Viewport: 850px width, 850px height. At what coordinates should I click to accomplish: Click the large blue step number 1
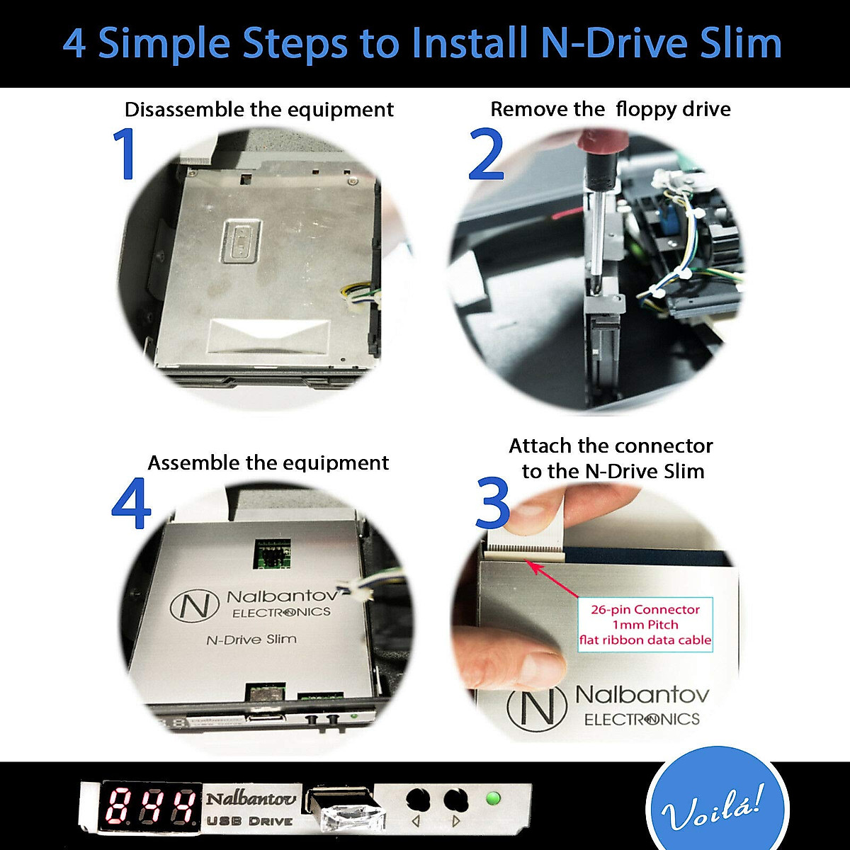tap(125, 154)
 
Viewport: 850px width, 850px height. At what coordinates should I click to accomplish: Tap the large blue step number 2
tap(486, 154)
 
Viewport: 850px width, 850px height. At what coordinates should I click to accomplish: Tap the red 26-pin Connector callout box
tap(645, 625)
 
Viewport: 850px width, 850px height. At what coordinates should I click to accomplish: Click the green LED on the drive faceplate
tap(493, 799)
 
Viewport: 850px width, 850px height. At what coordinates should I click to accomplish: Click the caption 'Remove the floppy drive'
tap(611, 110)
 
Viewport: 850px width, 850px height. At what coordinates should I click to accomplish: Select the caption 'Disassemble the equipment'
tap(259, 110)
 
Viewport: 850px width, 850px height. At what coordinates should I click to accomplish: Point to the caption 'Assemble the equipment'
tap(268, 463)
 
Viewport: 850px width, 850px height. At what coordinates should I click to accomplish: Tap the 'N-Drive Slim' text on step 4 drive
tap(251, 640)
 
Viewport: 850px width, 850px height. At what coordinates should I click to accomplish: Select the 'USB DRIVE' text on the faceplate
tap(249, 821)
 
